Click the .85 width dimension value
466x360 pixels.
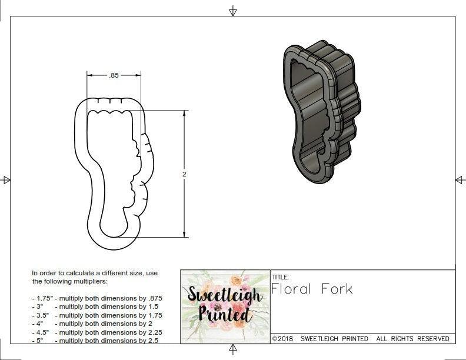pos(114,75)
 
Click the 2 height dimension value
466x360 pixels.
pos(185,174)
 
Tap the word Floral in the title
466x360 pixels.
pos(292,289)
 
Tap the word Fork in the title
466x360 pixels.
pos(337,289)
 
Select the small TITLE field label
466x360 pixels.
pos(279,276)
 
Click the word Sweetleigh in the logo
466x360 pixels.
pos(225,295)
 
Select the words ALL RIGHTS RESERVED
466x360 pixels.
pos(412,339)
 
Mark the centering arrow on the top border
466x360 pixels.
pos(233,11)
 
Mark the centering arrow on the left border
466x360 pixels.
pos(6,180)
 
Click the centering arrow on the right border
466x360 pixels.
pos(460,180)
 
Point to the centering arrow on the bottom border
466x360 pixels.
pos(233,350)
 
